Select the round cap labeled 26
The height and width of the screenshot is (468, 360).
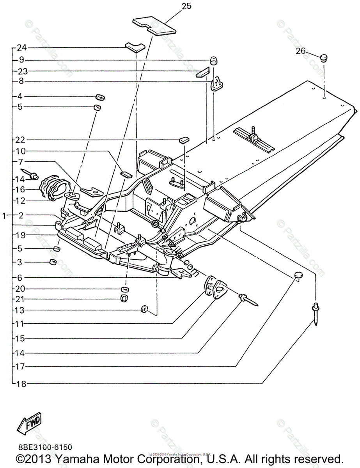click(x=323, y=58)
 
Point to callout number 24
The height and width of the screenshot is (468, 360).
click(x=21, y=48)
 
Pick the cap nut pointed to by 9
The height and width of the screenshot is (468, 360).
click(x=214, y=60)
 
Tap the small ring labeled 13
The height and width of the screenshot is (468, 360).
click(x=144, y=310)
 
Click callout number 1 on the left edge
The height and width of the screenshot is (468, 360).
click(x=4, y=215)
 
